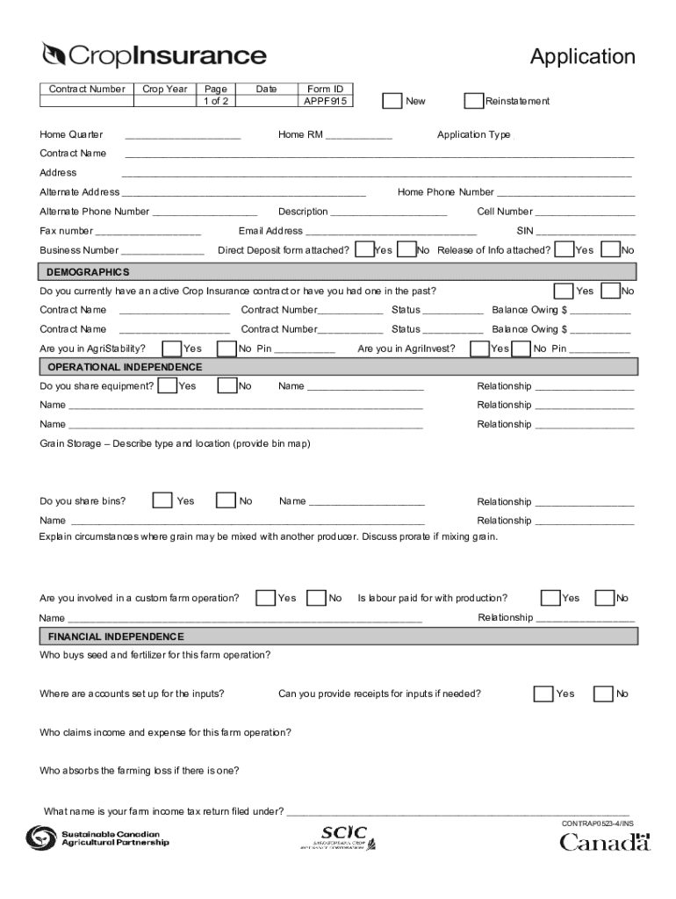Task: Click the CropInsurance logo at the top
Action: tap(154, 55)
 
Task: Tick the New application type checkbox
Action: tap(392, 101)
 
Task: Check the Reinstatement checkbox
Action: tap(473, 101)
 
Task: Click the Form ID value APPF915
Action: tap(326, 101)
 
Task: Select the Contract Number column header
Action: tap(86, 90)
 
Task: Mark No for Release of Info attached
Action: tap(610, 250)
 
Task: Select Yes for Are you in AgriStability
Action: tap(173, 349)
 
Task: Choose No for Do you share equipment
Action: tap(227, 385)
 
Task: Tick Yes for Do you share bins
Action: tap(162, 500)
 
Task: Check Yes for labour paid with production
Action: tap(550, 598)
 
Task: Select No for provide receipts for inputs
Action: tap(603, 694)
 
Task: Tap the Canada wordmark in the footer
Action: tap(606, 843)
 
